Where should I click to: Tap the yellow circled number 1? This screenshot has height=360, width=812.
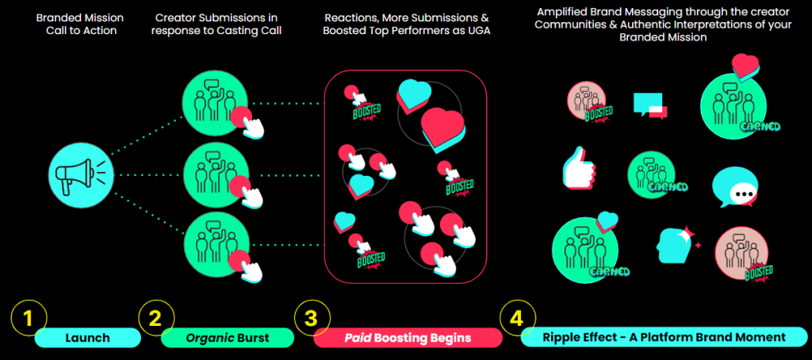(x=29, y=319)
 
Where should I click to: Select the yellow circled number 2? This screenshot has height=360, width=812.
(x=155, y=319)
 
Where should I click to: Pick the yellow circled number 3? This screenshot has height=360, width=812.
(x=311, y=319)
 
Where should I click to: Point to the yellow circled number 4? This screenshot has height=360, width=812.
(x=516, y=319)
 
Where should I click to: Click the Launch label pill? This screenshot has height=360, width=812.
(x=88, y=338)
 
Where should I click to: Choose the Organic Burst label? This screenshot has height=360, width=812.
(x=228, y=338)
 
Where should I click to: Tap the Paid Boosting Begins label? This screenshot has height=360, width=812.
(x=408, y=338)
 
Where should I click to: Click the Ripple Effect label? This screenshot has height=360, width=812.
(x=664, y=338)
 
